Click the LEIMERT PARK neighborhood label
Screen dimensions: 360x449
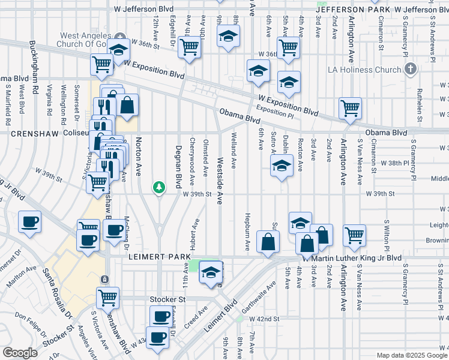(157, 257)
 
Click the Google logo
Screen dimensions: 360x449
(20, 353)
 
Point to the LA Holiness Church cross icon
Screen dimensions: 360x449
(411, 70)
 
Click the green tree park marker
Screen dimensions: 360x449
(159, 187)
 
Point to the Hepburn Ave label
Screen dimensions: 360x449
(247, 232)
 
